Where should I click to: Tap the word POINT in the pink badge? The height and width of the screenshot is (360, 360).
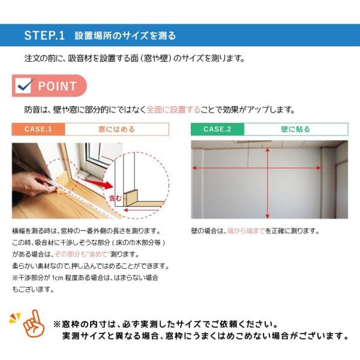coord(58,86)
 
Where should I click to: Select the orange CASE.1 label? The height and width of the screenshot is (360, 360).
coord(38,129)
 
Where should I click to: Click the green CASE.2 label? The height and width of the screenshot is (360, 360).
coord(217,129)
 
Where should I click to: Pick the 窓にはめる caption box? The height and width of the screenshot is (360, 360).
coord(116,129)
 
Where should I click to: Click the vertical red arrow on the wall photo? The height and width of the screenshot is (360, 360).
coord(268,180)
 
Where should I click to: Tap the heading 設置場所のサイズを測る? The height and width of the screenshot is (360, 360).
coord(125,35)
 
